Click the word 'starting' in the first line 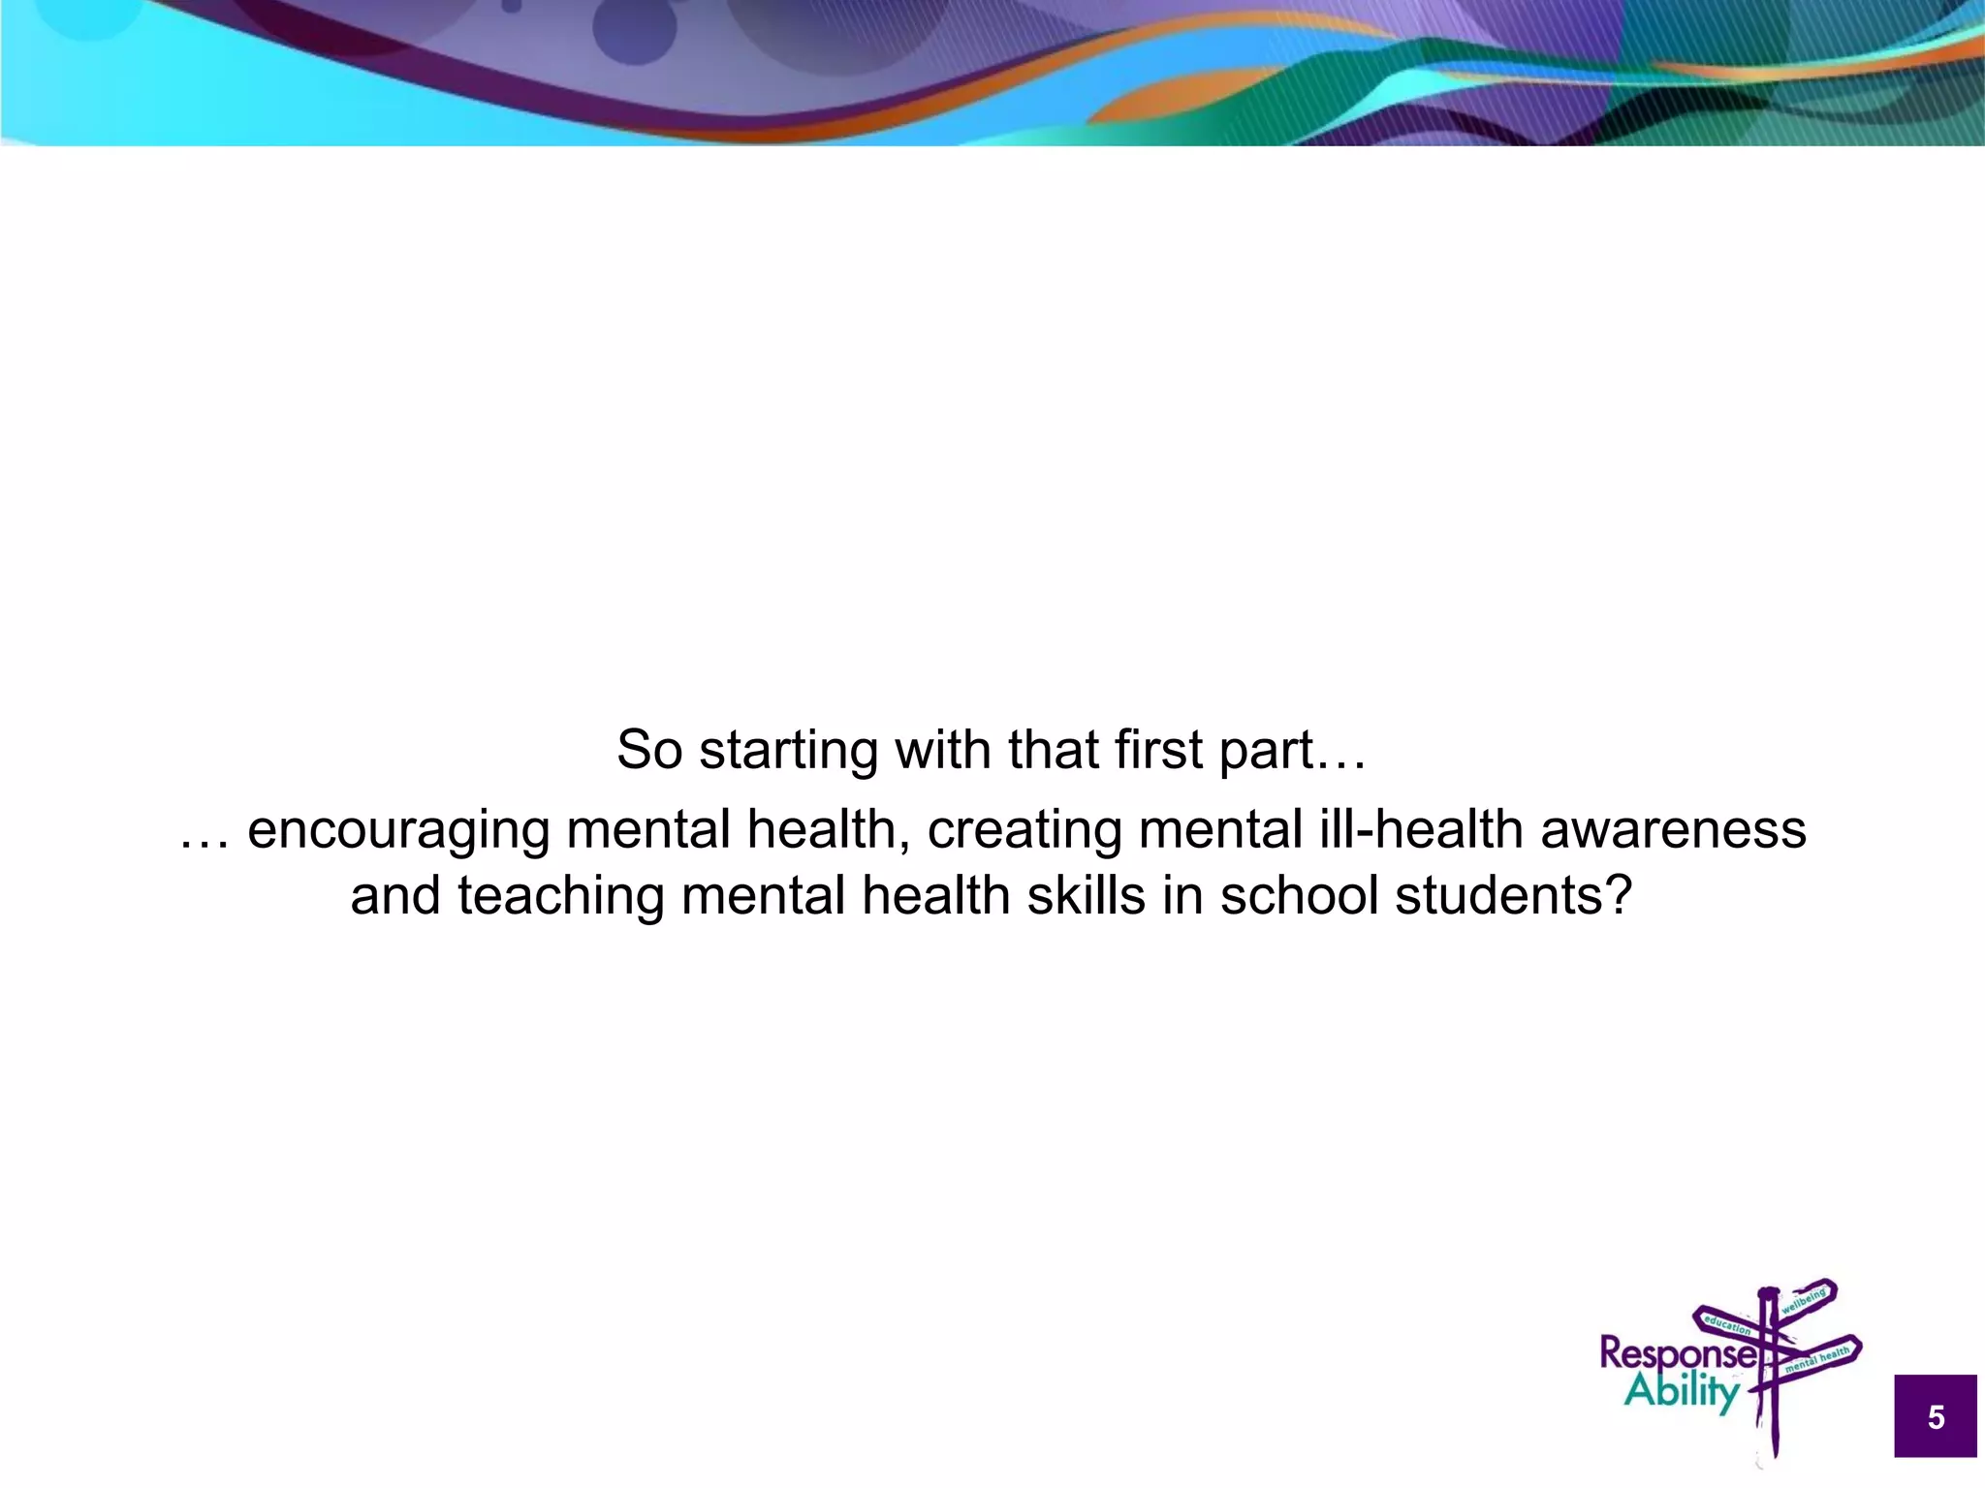(788, 751)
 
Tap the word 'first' (1158, 750)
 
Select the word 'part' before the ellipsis (1265, 751)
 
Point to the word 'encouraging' (398, 831)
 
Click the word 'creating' (1024, 830)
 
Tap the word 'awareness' (1673, 830)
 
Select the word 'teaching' (560, 896)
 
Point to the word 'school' (1299, 895)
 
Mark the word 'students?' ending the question (1514, 895)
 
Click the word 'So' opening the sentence (649, 750)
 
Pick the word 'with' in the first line (943, 750)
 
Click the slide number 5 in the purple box (1936, 1417)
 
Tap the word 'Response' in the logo (1678, 1354)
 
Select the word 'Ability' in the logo (1682, 1393)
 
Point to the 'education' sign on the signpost (1727, 1323)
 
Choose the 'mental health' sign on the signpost (1817, 1358)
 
